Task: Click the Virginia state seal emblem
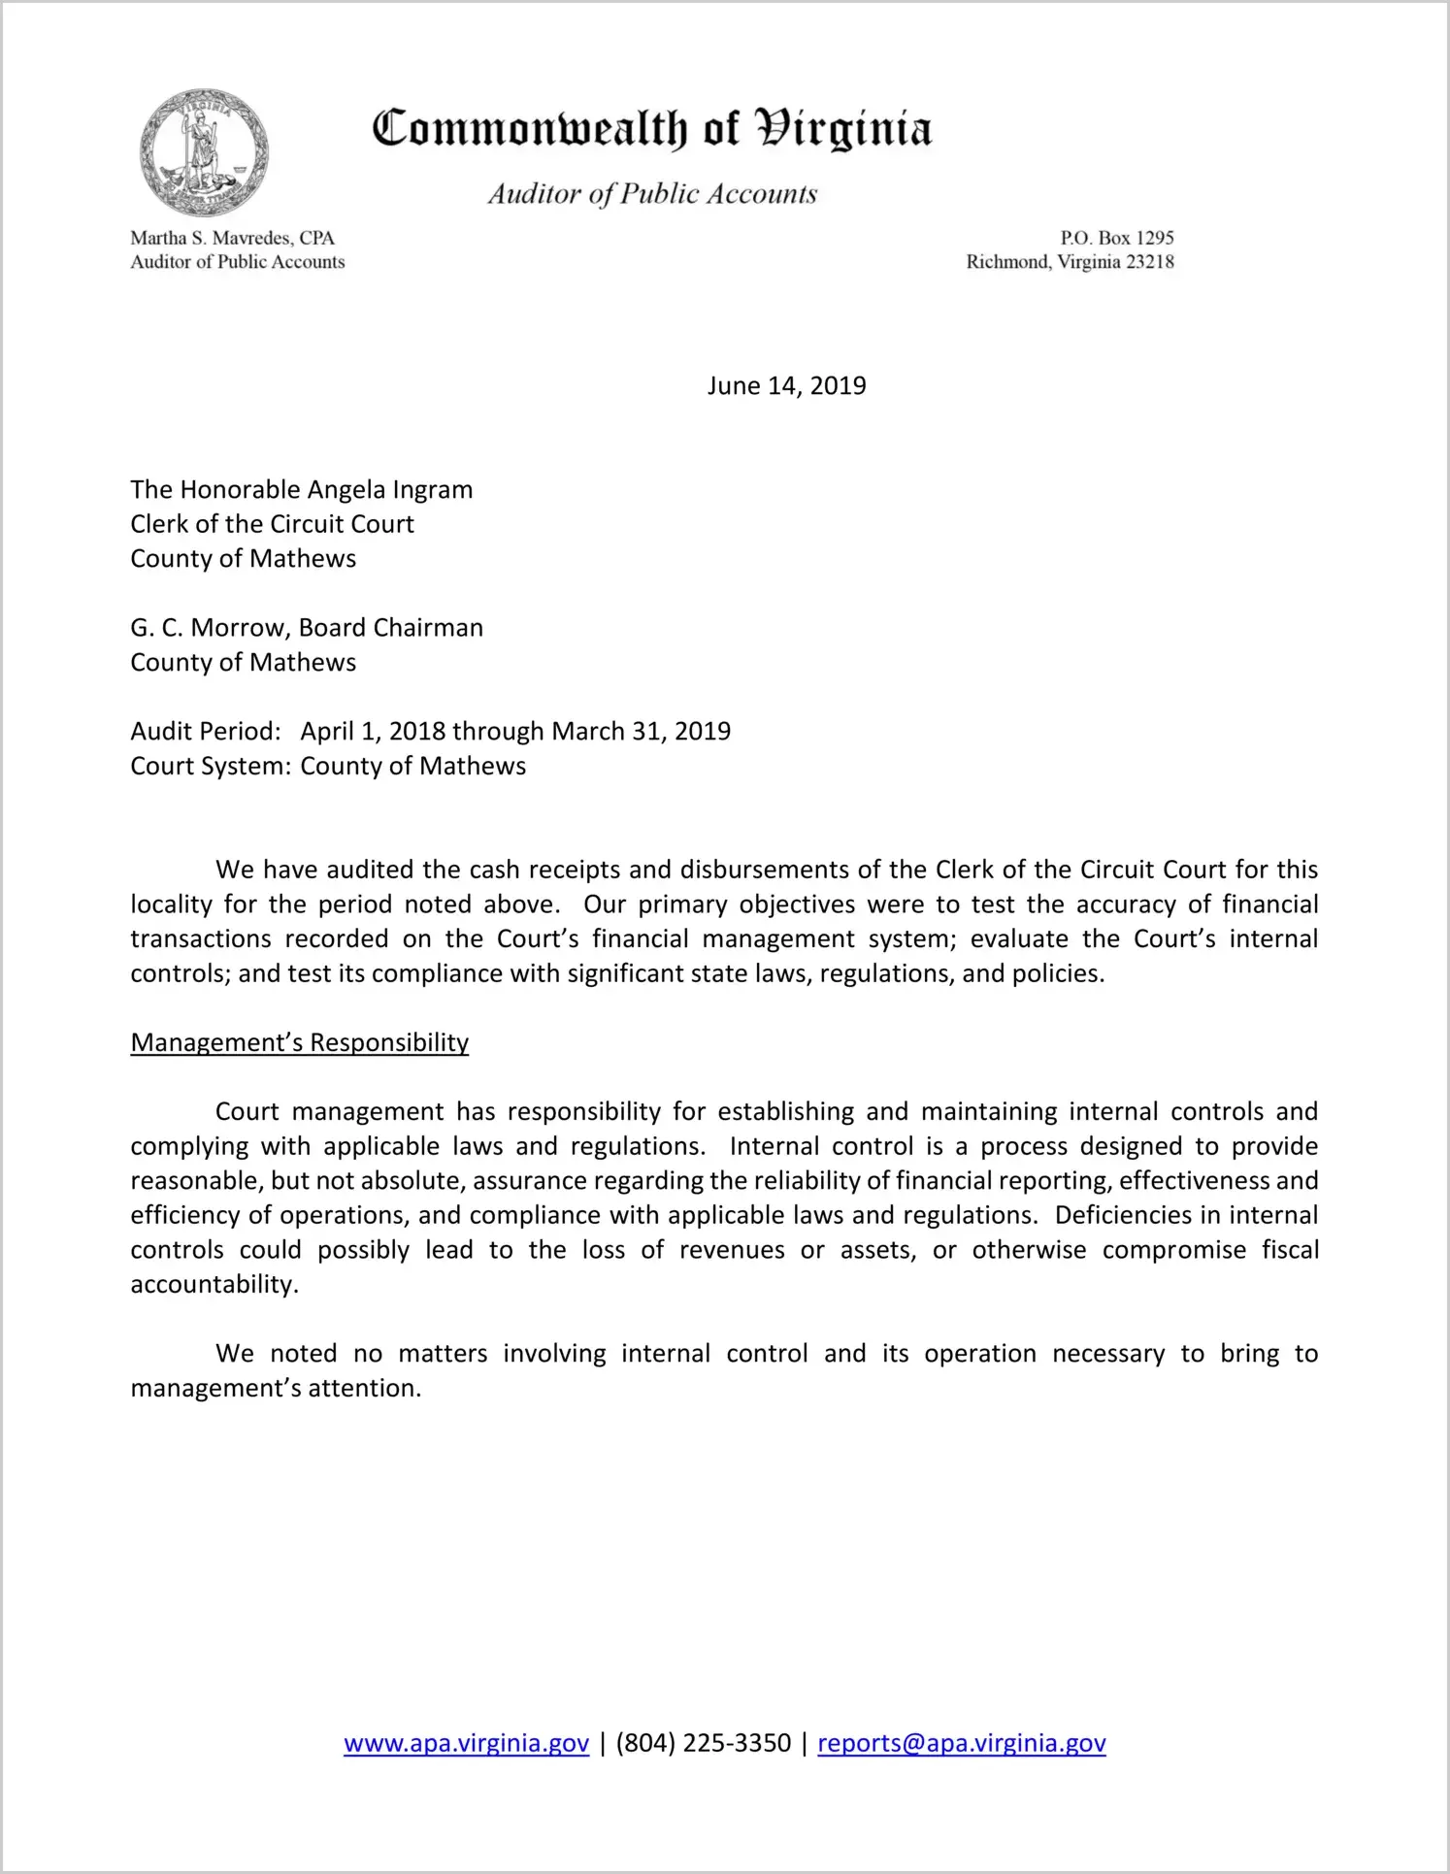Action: (204, 151)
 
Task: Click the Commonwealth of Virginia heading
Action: (652, 129)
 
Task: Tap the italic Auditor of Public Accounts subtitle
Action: (652, 194)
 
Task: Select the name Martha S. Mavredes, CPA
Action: (233, 238)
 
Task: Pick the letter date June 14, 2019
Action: (786, 386)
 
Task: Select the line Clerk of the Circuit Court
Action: (273, 525)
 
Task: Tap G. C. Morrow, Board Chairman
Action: (307, 628)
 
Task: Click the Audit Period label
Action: (206, 732)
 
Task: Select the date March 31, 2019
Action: (641, 732)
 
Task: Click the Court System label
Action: (211, 767)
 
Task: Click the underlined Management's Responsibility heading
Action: (300, 1043)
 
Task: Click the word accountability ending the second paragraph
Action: (214, 1285)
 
